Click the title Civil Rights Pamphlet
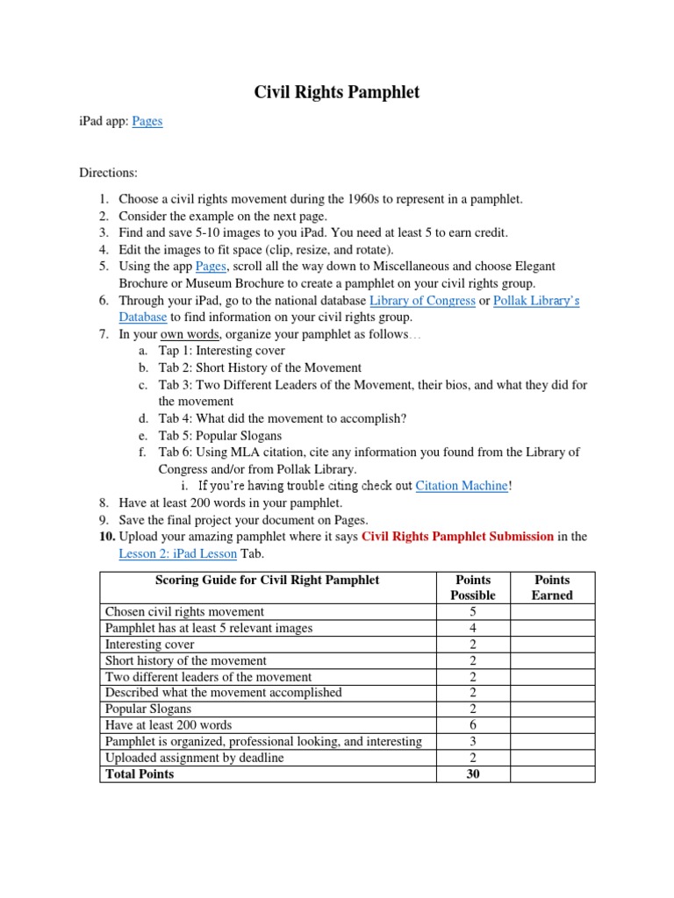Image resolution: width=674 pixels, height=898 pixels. [337, 92]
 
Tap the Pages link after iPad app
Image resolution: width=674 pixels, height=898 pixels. [147, 121]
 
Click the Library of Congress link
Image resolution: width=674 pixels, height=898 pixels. [422, 301]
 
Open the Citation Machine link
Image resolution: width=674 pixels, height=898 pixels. [462, 486]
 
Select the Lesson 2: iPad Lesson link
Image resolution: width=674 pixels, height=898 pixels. [177, 553]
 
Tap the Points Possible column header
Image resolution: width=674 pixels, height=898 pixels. [473, 587]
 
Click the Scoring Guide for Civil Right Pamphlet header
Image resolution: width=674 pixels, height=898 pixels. [268, 580]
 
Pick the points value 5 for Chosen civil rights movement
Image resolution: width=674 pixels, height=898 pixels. [473, 611]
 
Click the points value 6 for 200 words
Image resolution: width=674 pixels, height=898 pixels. [473, 725]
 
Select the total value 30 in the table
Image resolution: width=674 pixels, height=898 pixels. [473, 774]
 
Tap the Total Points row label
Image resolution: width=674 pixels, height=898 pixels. [140, 774]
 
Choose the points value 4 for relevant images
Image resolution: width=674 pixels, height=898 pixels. [473, 628]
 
